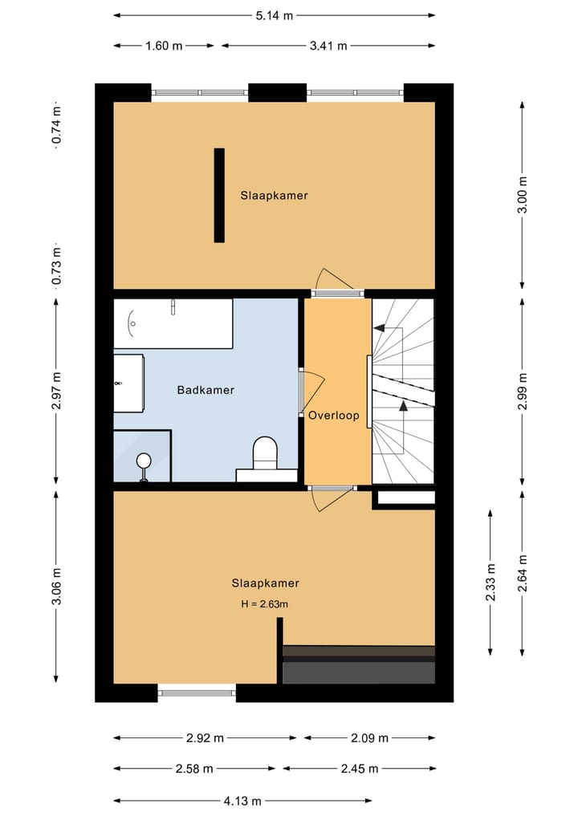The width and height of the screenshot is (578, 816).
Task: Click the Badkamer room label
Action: (x=206, y=391)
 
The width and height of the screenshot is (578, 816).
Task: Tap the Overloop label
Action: (x=333, y=416)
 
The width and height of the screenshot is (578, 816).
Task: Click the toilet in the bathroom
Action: (x=264, y=453)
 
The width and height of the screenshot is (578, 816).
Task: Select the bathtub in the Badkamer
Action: (x=173, y=323)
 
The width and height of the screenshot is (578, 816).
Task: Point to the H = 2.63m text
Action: (x=259, y=604)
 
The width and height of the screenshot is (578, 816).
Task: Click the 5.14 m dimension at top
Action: (x=274, y=14)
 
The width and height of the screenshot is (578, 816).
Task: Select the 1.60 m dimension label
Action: (x=164, y=46)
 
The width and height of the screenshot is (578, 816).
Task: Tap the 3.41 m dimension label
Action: (x=328, y=46)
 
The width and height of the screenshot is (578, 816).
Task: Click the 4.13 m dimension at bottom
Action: (x=242, y=800)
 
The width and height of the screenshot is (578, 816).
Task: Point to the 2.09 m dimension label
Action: (x=369, y=738)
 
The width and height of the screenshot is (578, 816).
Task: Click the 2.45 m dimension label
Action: (x=358, y=769)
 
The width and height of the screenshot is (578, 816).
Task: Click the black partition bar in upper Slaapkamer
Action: (x=219, y=195)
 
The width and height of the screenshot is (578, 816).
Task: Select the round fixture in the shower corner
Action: (x=144, y=461)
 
